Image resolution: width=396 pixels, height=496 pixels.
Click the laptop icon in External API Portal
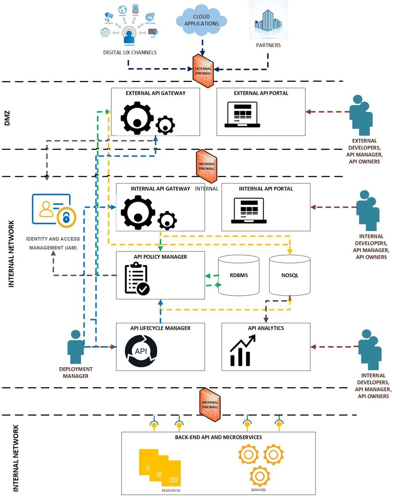pyautogui.click(x=243, y=115)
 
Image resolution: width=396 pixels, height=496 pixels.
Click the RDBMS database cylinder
pyautogui.click(x=238, y=275)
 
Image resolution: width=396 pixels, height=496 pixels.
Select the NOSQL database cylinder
pyautogui.click(x=290, y=275)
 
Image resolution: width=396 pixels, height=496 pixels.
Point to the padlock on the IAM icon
pyautogui.click(x=66, y=217)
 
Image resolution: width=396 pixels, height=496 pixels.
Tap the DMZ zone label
pyautogui.click(x=7, y=117)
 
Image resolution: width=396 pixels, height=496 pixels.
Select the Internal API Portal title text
pyautogui.click(x=266, y=189)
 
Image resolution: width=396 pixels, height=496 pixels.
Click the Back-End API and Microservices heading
pyautogui.click(x=219, y=437)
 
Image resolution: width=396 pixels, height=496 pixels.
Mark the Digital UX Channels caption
pyautogui.click(x=130, y=52)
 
